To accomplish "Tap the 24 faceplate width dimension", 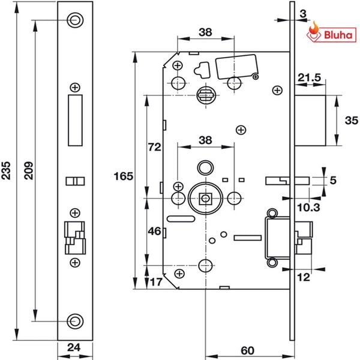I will (75, 346).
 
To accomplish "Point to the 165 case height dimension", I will (123, 176).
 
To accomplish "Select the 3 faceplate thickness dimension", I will (305, 12).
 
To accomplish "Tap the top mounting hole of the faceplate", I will (75, 20).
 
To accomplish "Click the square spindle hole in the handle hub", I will (206, 197).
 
